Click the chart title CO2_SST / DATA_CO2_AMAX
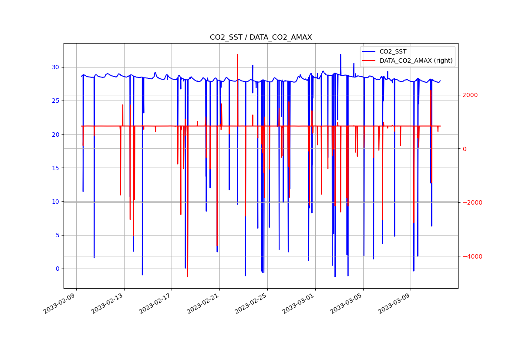click(261, 37)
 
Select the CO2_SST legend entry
click(393, 52)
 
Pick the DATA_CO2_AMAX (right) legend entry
click(416, 61)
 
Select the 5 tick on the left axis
click(57, 235)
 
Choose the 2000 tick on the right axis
click(470, 95)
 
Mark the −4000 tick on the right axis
click(469, 256)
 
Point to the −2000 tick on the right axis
click(469, 202)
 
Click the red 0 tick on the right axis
click(464, 149)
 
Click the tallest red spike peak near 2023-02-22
click(237, 54)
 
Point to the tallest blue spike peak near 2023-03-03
click(340, 54)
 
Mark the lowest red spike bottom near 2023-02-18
click(188, 277)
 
